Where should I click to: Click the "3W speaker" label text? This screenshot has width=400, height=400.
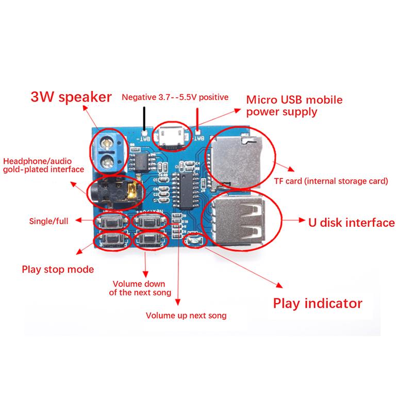71,96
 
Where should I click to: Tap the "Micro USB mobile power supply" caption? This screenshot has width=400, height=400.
294,105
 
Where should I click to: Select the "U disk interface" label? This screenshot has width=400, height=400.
351,223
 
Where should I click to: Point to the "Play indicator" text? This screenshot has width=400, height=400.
318,303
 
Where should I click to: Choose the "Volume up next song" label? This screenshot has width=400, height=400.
186,315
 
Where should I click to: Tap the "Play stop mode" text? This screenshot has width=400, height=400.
58,269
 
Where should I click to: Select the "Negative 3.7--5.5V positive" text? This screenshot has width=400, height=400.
175,97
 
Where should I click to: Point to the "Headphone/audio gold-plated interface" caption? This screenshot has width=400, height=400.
43,165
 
